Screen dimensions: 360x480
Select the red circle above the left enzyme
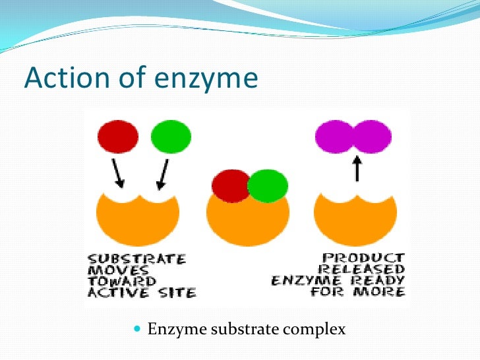(118, 137)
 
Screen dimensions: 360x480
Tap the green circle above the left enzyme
(171, 137)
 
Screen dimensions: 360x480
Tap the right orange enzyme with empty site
(355, 218)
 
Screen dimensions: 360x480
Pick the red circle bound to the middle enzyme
(229, 185)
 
